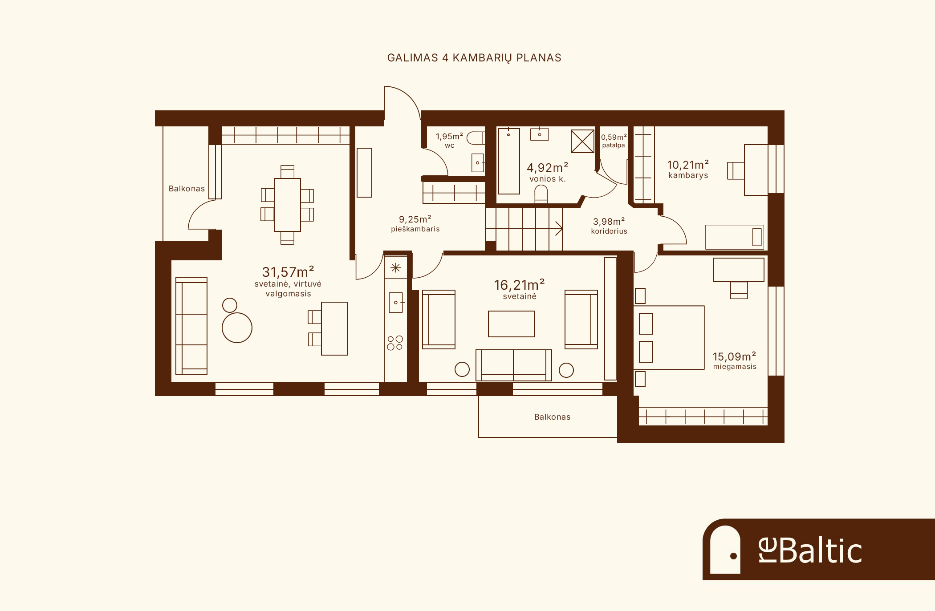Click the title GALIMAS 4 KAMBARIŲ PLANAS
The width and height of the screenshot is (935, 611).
474,58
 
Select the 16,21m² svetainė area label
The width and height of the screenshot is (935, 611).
520,289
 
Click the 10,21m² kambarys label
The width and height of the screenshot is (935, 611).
688,169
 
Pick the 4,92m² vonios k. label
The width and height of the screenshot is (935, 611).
548,172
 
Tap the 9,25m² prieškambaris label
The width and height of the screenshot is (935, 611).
415,224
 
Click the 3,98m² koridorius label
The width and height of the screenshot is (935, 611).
609,226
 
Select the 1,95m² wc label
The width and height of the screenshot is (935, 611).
449,140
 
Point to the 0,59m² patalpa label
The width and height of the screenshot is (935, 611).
614,141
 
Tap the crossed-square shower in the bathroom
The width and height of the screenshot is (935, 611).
582,141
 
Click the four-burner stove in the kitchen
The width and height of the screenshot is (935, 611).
395,343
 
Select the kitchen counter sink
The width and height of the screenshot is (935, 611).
396,303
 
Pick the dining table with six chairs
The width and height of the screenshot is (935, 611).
287,205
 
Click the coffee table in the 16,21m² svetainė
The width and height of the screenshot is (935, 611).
511,324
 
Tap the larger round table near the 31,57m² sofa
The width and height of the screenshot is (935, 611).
237,328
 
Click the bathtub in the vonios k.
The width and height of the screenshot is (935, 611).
509,162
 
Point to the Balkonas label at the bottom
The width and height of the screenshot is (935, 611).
552,417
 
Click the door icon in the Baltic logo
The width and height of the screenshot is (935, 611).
725,550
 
